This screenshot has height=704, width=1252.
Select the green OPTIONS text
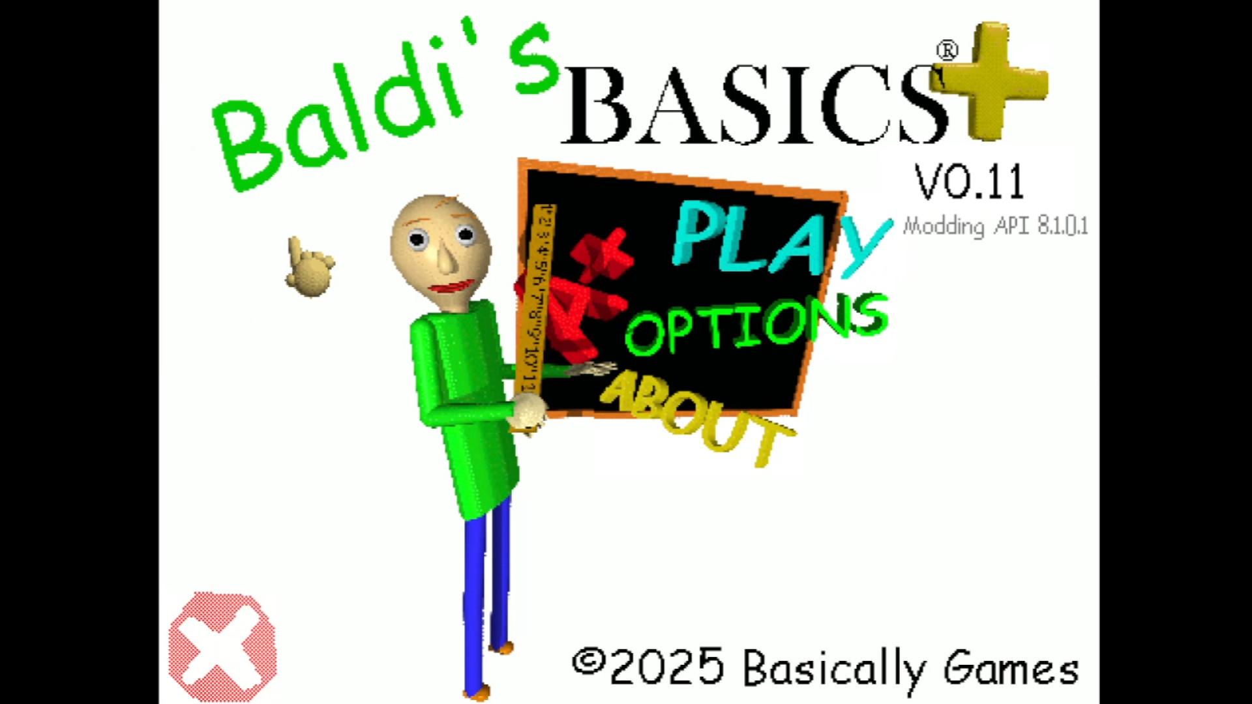pos(756,323)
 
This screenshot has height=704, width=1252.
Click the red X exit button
pos(222,646)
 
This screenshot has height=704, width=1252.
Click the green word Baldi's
pos(385,108)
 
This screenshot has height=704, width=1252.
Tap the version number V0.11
pos(970,182)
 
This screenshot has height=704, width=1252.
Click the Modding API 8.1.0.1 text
pos(995,226)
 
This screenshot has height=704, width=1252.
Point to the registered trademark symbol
pos(947,51)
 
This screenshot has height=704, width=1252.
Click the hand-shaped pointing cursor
pos(309,267)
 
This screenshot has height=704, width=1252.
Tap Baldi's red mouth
pos(452,287)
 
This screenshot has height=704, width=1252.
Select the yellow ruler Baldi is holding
pos(535,300)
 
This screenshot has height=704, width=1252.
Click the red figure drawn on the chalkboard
pos(577,293)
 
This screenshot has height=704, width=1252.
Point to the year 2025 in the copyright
pos(666,666)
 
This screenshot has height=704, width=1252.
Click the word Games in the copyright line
pos(1011,669)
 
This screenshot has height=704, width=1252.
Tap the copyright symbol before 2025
pos(588,662)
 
